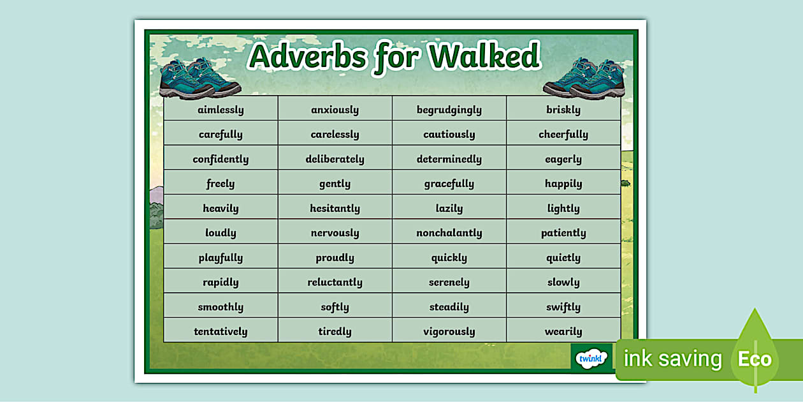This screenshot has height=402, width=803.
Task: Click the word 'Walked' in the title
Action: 484,57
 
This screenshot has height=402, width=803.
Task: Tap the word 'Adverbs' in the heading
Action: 307,57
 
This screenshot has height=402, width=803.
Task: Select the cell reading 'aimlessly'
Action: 221,110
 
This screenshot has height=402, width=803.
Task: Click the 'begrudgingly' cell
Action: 449,110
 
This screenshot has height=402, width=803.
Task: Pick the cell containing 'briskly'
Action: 563,110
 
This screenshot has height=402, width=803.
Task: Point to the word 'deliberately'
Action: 335,159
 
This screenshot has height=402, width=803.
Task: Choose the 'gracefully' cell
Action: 449,184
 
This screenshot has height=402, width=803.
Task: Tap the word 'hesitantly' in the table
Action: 335,209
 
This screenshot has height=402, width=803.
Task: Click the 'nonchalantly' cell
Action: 449,233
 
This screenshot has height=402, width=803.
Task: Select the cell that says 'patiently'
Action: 563,233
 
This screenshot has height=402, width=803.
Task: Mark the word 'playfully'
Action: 221,258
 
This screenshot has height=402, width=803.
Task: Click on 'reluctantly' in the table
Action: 335,282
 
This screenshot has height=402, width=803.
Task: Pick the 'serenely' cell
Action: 449,282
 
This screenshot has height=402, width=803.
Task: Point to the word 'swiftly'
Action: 563,307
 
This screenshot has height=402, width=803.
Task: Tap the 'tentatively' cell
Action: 221,331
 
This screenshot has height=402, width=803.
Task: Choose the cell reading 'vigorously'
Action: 449,331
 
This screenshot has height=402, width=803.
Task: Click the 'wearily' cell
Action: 563,331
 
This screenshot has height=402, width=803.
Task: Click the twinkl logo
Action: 591,358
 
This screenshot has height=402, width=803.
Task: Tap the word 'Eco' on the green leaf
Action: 755,359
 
